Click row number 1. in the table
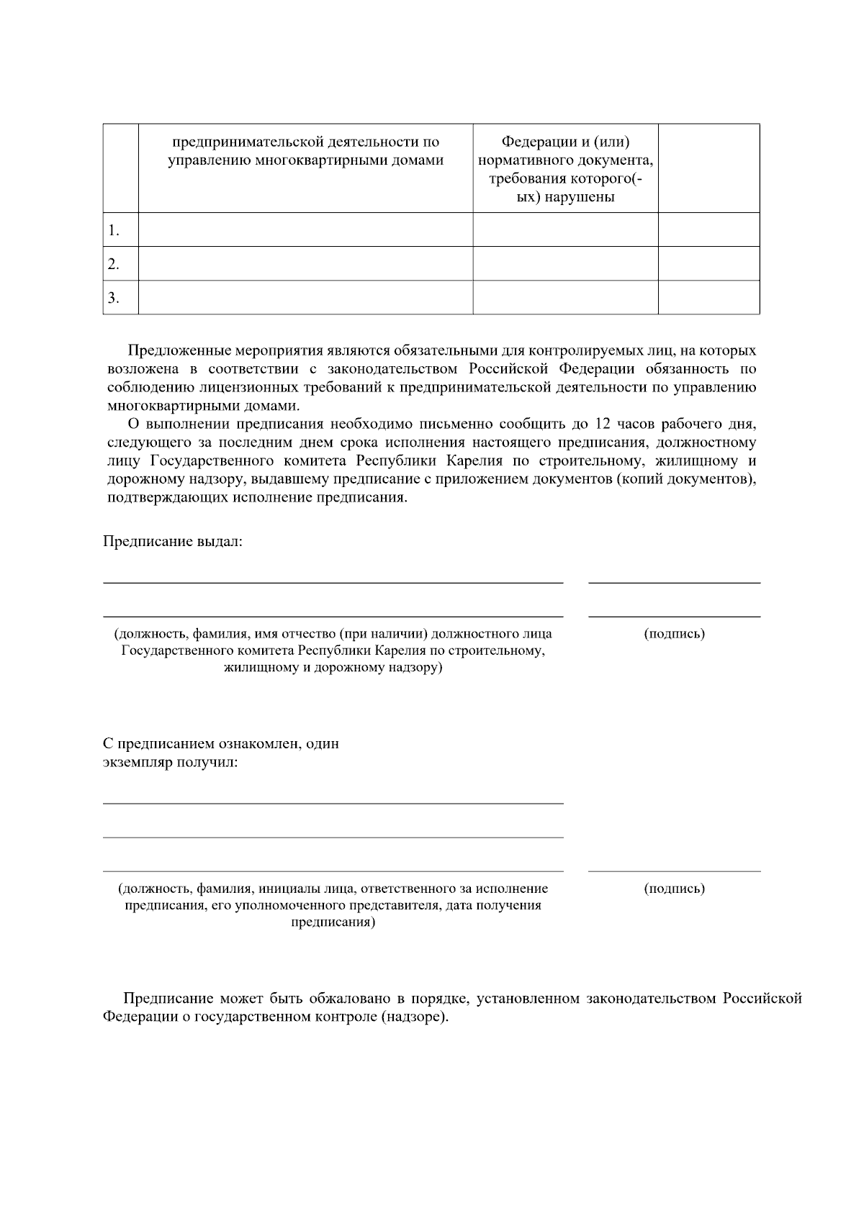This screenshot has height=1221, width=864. pyautogui.click(x=114, y=230)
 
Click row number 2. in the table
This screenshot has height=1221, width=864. pyautogui.click(x=114, y=264)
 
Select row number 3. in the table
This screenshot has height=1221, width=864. pyautogui.click(x=114, y=298)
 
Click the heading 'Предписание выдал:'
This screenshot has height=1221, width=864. pyautogui.click(x=173, y=541)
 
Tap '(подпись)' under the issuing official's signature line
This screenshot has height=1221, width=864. pyautogui.click(x=674, y=634)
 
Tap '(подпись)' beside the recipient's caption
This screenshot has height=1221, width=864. pyautogui.click(x=674, y=889)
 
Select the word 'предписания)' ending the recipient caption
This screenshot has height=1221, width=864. pyautogui.click(x=333, y=922)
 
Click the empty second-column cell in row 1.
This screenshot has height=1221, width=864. pyautogui.click(x=305, y=230)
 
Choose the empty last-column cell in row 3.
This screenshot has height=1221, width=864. pyautogui.click(x=708, y=298)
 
